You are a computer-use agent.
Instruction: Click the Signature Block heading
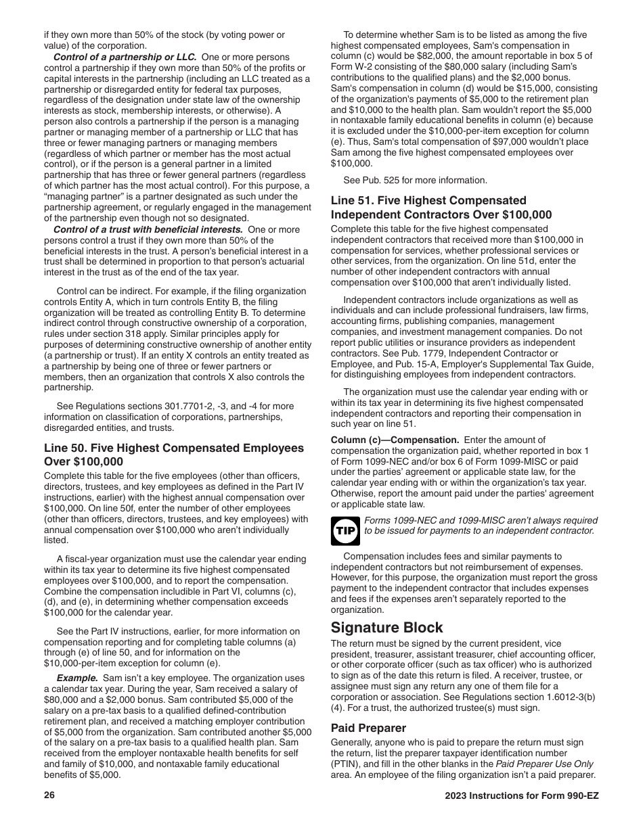tap(386, 627)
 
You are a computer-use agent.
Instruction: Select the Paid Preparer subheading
tap(368, 728)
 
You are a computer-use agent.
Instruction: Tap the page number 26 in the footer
tap(49, 795)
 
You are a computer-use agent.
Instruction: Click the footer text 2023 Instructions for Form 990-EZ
tap(522, 795)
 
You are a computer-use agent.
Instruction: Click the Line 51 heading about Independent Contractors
tap(441, 208)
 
